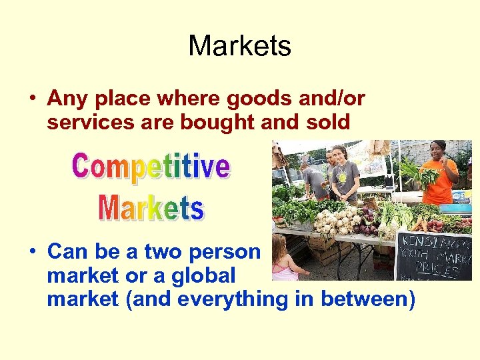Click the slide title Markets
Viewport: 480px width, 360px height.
tap(239, 47)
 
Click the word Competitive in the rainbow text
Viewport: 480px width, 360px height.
tap(151, 167)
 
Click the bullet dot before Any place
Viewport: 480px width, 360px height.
tap(31, 99)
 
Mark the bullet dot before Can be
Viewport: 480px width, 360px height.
tap(31, 252)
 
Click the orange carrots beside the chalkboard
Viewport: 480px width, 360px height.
tap(419, 225)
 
